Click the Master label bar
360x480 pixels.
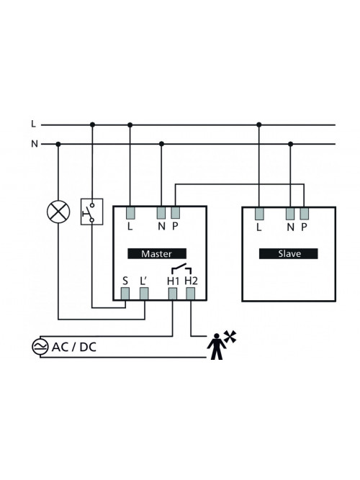(x=157, y=253)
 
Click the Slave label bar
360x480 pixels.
(x=288, y=253)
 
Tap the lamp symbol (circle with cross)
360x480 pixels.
(x=58, y=212)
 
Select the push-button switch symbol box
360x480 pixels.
(x=91, y=212)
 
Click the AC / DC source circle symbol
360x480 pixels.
(x=40, y=347)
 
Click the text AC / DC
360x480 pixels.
(x=74, y=347)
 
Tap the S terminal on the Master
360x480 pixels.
(x=125, y=294)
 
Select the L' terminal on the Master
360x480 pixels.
(x=144, y=294)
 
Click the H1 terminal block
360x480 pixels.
(x=173, y=294)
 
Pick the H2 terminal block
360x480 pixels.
(x=191, y=294)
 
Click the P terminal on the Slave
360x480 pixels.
(x=304, y=213)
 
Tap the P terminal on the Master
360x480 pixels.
(x=175, y=213)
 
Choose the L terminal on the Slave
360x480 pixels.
(x=259, y=213)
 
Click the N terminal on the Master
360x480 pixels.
(x=161, y=213)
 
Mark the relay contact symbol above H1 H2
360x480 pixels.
(x=181, y=268)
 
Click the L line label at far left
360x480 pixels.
(x=34, y=124)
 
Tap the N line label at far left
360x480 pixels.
(x=35, y=144)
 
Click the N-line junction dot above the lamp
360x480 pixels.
(x=58, y=144)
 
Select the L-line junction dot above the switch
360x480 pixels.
(x=93, y=124)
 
